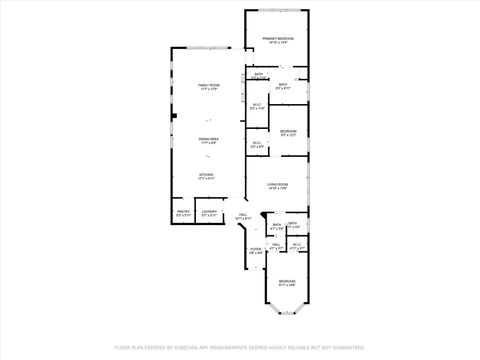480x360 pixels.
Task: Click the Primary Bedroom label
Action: (x=277, y=38)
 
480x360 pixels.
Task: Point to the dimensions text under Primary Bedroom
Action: (x=277, y=43)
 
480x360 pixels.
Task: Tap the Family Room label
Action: (x=208, y=87)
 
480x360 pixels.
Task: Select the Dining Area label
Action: (x=208, y=139)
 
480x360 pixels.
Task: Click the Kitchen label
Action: (x=206, y=175)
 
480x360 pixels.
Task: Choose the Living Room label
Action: (x=277, y=184)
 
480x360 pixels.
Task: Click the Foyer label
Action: (x=255, y=249)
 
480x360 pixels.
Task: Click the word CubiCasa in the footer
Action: (x=199, y=347)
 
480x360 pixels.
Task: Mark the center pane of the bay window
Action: (x=287, y=316)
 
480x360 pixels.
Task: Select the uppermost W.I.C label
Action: (x=256, y=104)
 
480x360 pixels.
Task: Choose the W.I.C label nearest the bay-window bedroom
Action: (x=297, y=245)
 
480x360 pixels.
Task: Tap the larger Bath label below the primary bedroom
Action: (x=283, y=85)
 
